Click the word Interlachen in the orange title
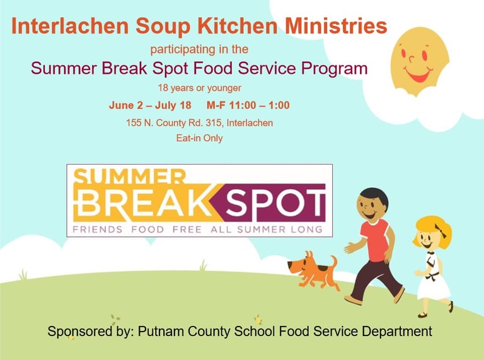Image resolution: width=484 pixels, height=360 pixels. pos(70,26)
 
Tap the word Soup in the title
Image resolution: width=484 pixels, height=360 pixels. pos(163,26)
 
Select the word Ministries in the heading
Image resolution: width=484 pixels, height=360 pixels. pos(336,26)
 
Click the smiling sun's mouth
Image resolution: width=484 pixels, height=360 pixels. pos(419,75)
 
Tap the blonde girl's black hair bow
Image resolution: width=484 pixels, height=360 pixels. pos(441,230)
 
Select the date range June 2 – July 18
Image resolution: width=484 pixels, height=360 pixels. pos(150,105)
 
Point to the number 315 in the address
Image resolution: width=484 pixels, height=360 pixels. pos(214,123)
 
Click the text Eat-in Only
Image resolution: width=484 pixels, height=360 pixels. pos(199,137)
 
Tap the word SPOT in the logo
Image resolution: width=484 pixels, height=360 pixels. pos(275,203)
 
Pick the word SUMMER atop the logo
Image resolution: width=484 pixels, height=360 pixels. pos(130,177)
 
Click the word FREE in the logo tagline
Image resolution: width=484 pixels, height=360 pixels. pos(187,229)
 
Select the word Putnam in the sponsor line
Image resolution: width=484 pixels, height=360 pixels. pos(162,331)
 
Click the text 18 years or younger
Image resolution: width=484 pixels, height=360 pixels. pos(199,88)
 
